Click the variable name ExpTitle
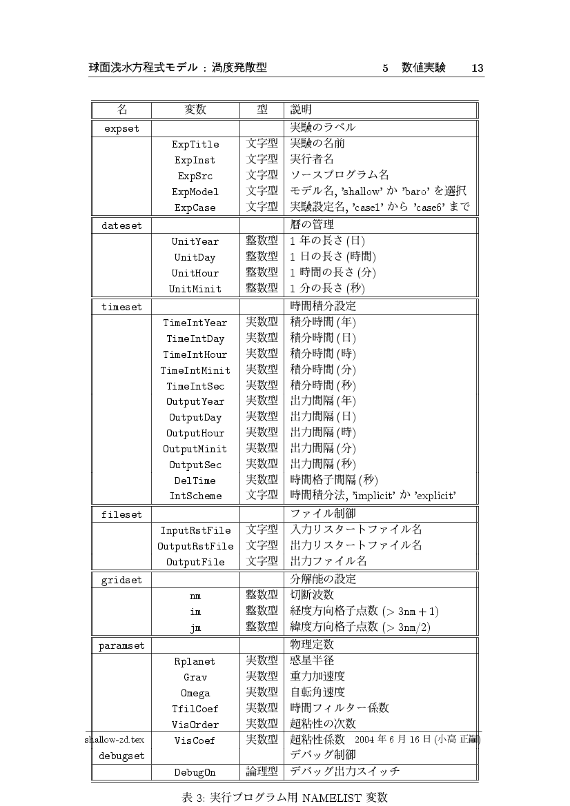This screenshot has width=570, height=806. tap(195, 145)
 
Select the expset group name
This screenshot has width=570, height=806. tap(121, 128)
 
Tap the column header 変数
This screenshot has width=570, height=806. tap(195, 110)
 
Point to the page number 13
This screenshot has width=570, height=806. tap(477, 68)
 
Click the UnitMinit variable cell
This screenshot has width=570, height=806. tap(195, 289)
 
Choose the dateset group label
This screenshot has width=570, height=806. tap(121, 225)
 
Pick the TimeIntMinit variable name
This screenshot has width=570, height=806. tap(195, 370)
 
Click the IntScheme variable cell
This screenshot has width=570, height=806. tap(195, 496)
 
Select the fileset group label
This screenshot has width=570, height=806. tap(121, 515)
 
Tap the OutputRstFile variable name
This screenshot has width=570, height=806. tap(195, 546)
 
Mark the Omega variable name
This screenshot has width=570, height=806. tap(195, 694)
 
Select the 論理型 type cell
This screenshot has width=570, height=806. tap(262, 772)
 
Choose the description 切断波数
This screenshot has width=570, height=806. tap(313, 594)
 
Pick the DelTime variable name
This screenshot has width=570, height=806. tap(195, 481)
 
